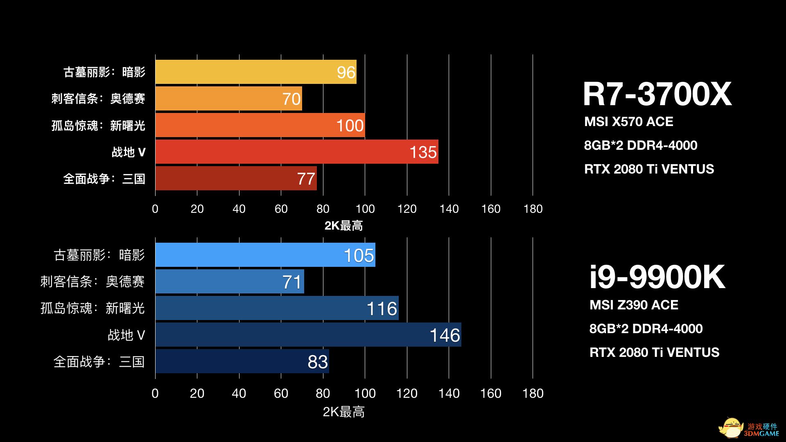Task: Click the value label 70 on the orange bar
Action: [291, 99]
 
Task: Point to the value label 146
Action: [445, 336]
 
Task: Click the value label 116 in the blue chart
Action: [382, 309]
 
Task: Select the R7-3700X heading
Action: [657, 94]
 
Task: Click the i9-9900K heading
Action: [657, 277]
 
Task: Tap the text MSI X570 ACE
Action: [628, 122]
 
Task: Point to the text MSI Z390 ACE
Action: [634, 305]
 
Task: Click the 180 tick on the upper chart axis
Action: [533, 209]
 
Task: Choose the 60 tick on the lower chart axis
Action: [281, 393]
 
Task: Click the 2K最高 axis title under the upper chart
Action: [343, 226]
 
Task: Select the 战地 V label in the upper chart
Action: [129, 152]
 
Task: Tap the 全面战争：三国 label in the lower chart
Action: [99, 362]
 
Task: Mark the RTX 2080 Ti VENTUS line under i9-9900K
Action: [654, 352]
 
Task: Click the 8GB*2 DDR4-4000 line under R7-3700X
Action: [641, 145]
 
